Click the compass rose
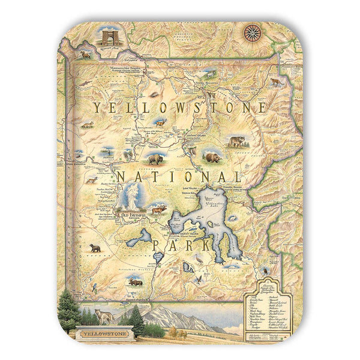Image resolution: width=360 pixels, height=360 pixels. coord(252,32)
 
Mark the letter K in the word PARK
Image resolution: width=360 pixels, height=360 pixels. coord(214,245)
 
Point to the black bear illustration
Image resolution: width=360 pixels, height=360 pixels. coord(95,247)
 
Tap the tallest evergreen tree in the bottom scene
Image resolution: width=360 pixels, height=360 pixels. coord(68,309)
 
